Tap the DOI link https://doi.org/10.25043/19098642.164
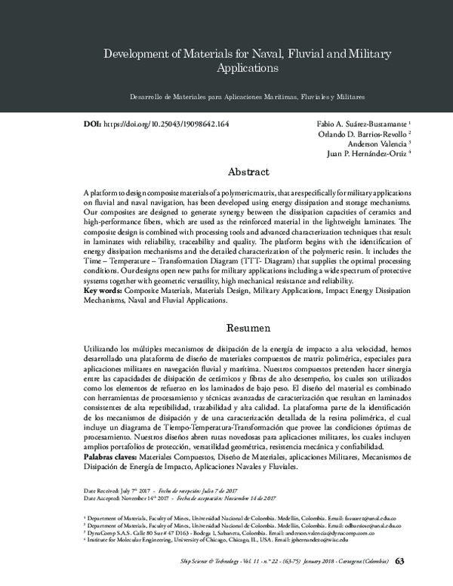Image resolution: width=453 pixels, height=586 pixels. point(165,123)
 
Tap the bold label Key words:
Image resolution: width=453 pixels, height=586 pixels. point(103,290)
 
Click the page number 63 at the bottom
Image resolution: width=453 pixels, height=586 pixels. point(400,561)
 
